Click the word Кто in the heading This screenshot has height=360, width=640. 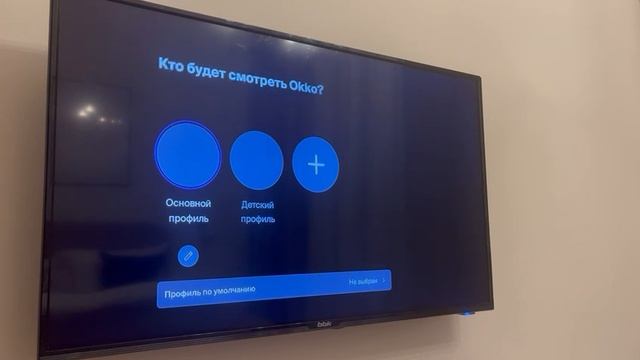(x=171, y=64)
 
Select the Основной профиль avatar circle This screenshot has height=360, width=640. (x=188, y=155)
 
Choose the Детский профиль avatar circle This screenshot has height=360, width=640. (x=257, y=160)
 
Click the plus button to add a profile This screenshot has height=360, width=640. (x=315, y=164)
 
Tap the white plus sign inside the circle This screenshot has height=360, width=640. (x=315, y=164)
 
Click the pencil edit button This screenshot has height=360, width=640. (x=188, y=256)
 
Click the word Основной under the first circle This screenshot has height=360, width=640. (x=188, y=203)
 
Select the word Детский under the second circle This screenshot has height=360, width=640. (x=258, y=205)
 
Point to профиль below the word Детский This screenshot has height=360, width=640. (x=258, y=219)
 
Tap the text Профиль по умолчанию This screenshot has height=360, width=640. (x=210, y=291)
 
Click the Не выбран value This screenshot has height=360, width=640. (x=363, y=282)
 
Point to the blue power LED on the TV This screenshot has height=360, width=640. (x=465, y=312)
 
